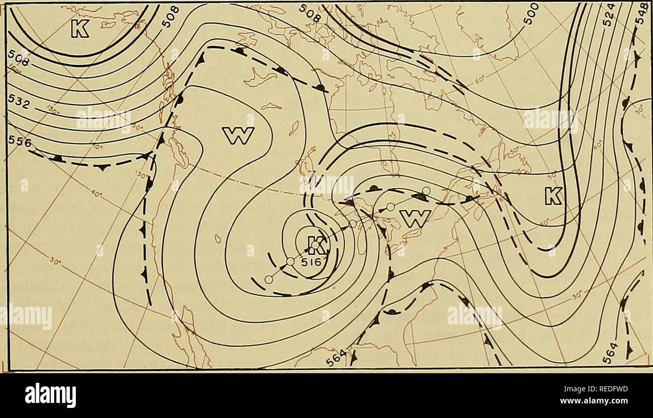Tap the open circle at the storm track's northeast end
[426, 190]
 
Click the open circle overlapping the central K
[315, 245]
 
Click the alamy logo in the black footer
[50, 394]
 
